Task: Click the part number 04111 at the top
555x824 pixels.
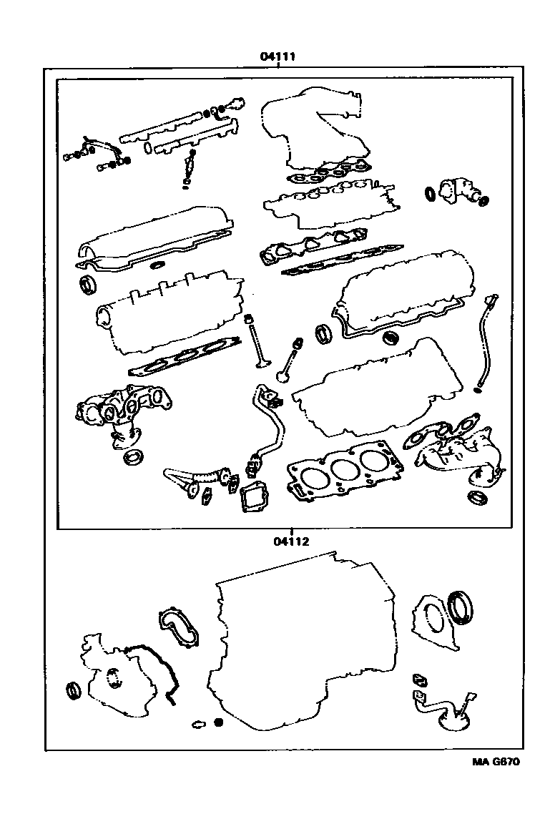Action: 277,57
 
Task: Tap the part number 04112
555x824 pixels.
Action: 290,541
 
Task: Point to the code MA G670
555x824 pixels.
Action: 495,761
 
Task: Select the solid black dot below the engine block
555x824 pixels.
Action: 219,722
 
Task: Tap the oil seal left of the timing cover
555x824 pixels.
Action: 74,691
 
